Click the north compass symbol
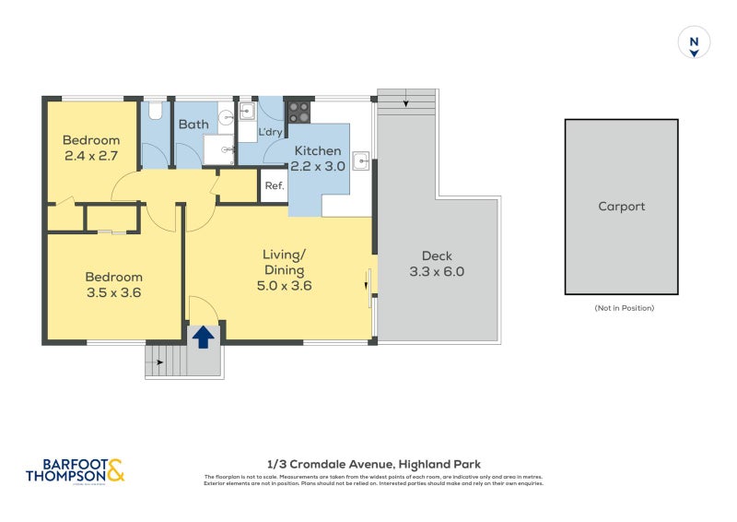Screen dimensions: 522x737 [x=695, y=43]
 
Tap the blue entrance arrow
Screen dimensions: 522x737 [x=204, y=337]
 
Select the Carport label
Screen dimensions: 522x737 [x=622, y=207]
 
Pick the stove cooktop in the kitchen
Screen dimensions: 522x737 [x=299, y=112]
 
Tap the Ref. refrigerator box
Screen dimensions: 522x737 [x=274, y=185]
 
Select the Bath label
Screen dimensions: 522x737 [x=193, y=125]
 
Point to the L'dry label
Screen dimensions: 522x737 [x=270, y=133]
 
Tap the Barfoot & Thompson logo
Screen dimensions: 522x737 [x=74, y=471]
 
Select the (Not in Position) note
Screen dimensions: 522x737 [x=623, y=308]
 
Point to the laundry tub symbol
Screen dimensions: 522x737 [x=247, y=112]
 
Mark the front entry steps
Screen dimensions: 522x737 [x=166, y=361]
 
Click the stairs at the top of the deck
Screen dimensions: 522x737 [x=406, y=101]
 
